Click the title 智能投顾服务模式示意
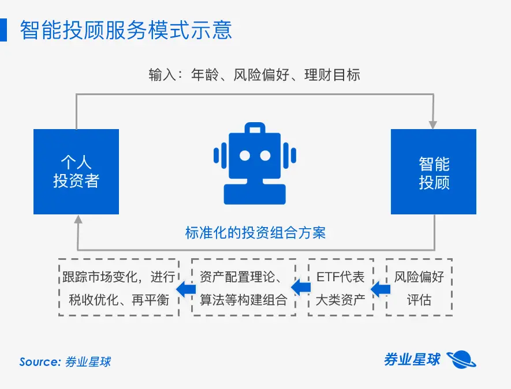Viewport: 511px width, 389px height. coord(126,30)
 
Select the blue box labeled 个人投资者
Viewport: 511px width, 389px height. coord(76,172)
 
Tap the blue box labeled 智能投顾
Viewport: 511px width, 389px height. coord(434,172)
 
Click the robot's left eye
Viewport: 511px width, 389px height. coord(245,156)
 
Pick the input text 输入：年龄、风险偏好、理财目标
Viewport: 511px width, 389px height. coord(255,75)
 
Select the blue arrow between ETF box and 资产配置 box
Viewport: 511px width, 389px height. coord(300,288)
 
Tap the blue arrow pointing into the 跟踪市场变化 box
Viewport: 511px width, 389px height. coord(184,288)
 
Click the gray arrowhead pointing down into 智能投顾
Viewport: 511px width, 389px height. coord(433,124)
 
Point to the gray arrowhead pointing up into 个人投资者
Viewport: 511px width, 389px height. coord(77,220)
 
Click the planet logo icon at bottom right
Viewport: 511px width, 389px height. coord(462,359)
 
